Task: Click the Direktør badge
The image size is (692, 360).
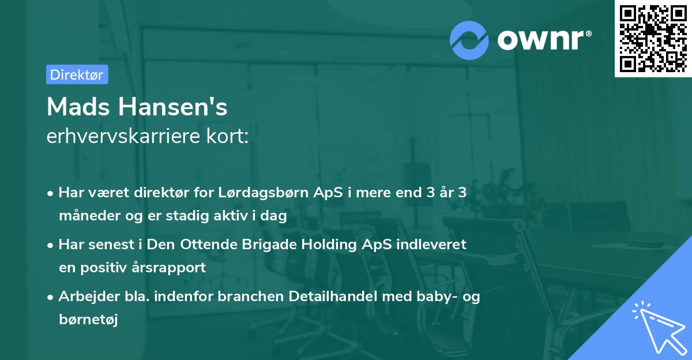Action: click(77, 74)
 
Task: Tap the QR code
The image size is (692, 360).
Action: click(653, 39)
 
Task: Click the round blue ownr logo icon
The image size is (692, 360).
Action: click(469, 40)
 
